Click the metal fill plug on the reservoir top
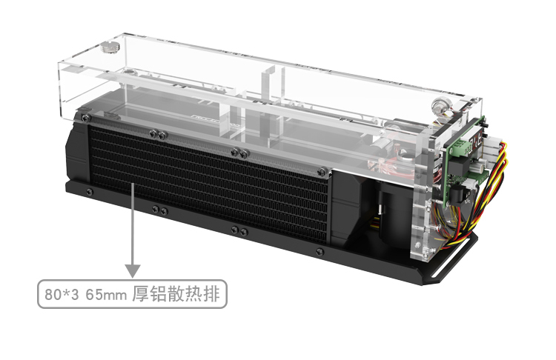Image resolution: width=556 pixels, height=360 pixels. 108,48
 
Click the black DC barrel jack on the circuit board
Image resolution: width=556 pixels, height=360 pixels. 458,196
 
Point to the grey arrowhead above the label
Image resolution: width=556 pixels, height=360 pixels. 133,271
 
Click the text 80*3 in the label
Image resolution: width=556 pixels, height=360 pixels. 62,295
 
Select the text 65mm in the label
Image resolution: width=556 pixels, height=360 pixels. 106,295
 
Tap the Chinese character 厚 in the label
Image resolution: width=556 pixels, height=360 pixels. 140,294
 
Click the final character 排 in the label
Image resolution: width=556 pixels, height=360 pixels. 212,294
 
